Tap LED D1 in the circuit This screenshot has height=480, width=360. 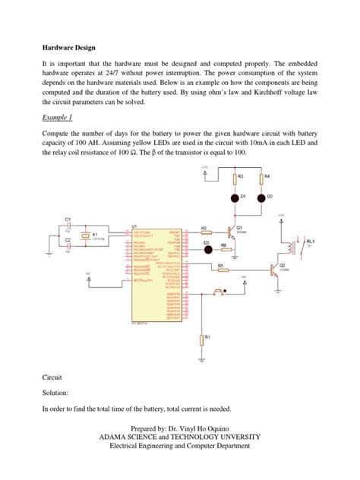coord(234,197)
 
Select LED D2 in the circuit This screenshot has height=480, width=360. coord(260,197)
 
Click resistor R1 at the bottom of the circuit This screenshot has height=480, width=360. coord(201,339)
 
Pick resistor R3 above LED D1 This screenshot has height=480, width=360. coord(234,178)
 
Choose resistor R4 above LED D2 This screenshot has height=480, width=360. coord(260,178)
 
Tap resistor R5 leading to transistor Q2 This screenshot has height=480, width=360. coord(221,269)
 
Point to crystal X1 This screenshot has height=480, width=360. coord(87,235)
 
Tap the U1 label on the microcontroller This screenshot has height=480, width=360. coord(134,226)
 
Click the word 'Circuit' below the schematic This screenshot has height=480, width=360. coord(53,376)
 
